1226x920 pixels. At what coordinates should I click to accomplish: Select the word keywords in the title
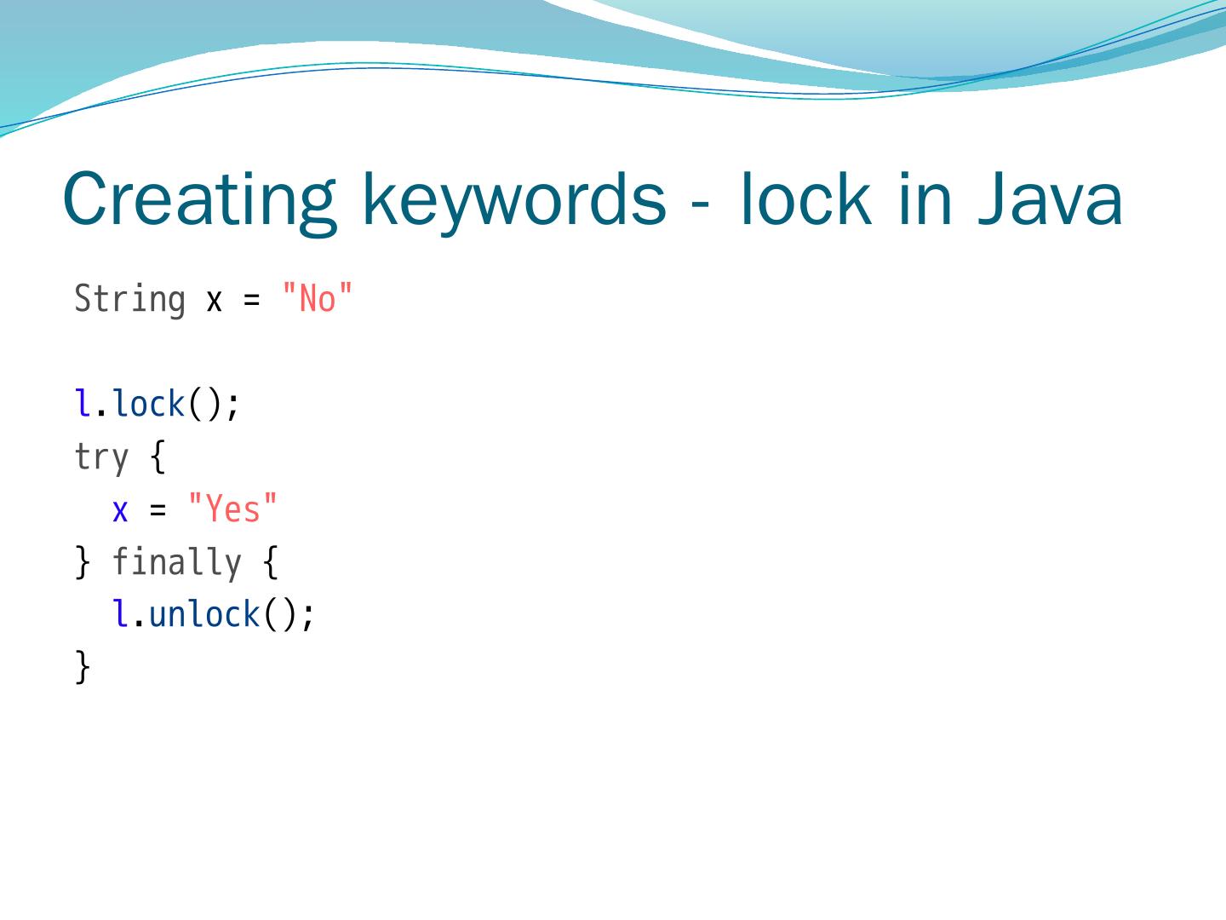513,200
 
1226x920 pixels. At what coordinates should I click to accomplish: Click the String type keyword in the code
129,300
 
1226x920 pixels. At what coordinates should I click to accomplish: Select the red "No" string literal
317,300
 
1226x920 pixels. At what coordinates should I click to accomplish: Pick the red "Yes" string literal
232,509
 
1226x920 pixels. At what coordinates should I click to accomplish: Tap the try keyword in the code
101,457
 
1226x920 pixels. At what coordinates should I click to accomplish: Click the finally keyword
176,563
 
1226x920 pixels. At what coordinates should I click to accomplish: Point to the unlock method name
204,614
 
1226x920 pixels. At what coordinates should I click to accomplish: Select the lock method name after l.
149,405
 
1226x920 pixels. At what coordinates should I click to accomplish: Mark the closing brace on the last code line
83,666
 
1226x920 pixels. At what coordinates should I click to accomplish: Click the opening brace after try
158,457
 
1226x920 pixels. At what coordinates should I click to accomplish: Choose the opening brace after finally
270,563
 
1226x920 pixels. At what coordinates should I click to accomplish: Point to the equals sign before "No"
251,301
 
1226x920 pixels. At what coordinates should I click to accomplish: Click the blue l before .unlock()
121,614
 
